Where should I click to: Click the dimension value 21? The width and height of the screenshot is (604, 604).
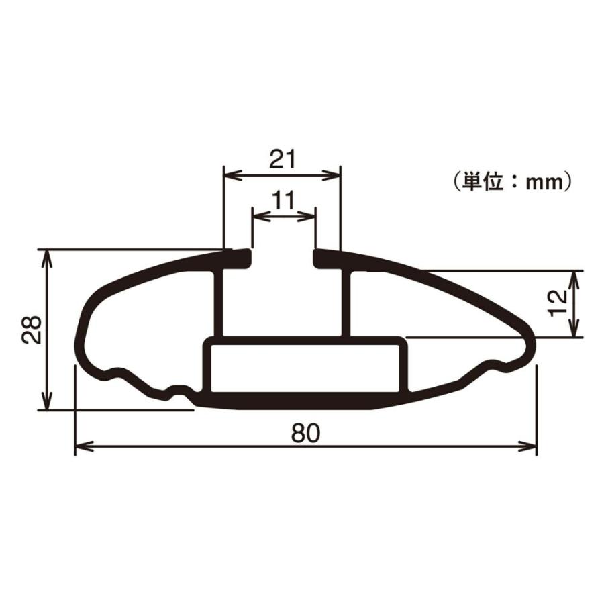tap(283, 159)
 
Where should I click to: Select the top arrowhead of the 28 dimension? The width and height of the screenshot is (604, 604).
tap(46, 255)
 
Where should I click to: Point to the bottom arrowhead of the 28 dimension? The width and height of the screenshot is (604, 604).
tap(46, 403)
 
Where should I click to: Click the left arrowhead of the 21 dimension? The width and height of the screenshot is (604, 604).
tap(230, 175)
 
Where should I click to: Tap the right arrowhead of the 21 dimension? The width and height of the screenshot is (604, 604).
tap(335, 175)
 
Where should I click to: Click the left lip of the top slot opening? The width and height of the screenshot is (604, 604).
tap(243, 256)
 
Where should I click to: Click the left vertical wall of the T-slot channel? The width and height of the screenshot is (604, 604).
tap(217, 302)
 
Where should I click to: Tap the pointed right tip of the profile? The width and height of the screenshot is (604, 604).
tap(534, 344)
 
